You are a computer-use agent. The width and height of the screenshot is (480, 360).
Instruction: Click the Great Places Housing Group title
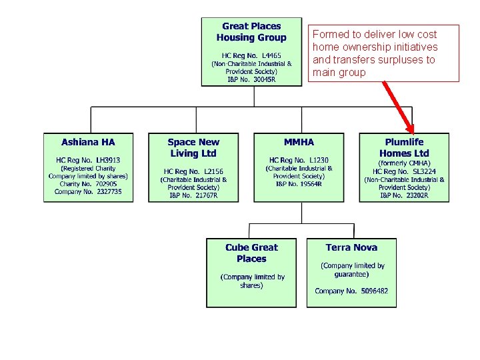(x=251, y=32)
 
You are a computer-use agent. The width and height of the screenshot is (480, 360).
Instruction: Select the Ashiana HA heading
(x=88, y=142)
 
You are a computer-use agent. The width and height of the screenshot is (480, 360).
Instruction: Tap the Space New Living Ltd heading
(x=193, y=147)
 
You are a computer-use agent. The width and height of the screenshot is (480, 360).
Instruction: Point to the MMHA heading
(x=299, y=142)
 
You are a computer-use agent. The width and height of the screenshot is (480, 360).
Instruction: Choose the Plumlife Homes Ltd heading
(x=404, y=147)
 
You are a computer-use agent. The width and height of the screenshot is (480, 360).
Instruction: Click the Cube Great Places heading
(x=251, y=253)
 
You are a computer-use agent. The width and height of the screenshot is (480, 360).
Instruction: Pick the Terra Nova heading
(x=351, y=247)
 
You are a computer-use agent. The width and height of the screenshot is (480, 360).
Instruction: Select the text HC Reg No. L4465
(x=251, y=55)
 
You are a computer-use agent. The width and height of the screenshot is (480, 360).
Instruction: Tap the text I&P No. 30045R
(x=251, y=79)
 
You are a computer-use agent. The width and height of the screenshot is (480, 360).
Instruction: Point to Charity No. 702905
(x=88, y=183)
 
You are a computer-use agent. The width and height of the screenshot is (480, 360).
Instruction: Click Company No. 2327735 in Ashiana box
(x=88, y=191)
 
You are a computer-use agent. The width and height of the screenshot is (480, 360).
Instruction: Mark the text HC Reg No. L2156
(x=193, y=171)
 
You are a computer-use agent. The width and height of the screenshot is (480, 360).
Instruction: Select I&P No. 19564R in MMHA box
(x=299, y=184)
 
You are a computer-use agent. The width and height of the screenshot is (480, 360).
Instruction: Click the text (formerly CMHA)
(x=404, y=163)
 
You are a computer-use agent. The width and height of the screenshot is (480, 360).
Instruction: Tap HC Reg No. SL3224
(x=404, y=171)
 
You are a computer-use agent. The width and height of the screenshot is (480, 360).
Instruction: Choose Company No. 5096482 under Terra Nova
(x=351, y=291)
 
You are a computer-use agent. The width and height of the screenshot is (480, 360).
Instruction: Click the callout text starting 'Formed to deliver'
(x=375, y=53)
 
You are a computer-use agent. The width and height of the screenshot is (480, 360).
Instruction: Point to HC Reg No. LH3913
(x=88, y=160)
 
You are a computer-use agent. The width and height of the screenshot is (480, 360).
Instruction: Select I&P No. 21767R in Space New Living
(x=193, y=195)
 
